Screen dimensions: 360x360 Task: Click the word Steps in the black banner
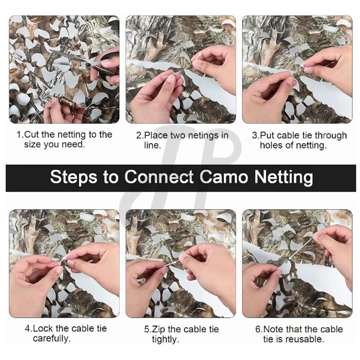point(73,177)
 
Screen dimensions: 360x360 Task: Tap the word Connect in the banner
point(159,177)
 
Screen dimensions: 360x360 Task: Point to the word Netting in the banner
point(284,177)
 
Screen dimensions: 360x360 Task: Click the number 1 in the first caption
point(19,135)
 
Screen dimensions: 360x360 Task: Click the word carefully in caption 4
point(52,339)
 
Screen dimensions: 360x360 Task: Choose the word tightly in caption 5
point(165,340)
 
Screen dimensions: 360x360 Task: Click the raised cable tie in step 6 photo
point(301,248)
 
